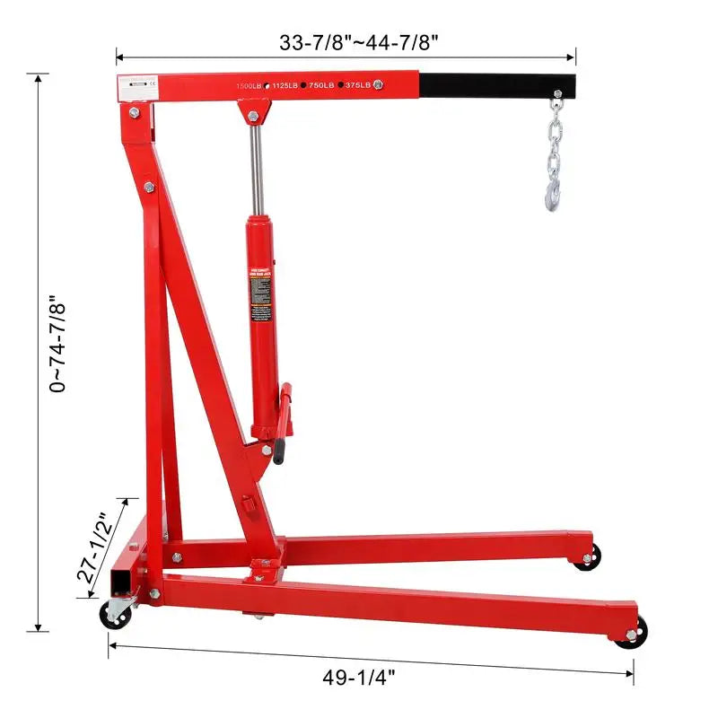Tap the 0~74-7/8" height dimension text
pos(59,345)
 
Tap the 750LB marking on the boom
pos(321,85)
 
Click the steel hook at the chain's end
pos(554,191)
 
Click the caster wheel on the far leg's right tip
pos(587,558)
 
